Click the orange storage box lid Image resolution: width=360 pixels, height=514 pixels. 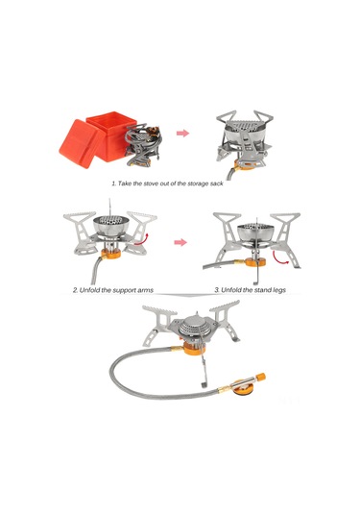pos(78,143)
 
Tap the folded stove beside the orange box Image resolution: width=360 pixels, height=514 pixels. pos(142,143)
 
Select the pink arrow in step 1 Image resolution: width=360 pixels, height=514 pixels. pos(182,134)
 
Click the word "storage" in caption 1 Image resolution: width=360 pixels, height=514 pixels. pos(192,184)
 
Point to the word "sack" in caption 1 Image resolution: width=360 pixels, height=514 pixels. pos(215,184)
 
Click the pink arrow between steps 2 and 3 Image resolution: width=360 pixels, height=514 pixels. pos(180,242)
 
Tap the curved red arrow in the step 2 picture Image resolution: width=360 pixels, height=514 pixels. pos(141,239)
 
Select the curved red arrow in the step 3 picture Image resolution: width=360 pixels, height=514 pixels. pos(281,257)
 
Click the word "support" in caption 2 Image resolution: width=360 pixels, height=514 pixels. pos(118,290)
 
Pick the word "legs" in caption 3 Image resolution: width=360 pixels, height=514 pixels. pos(277,290)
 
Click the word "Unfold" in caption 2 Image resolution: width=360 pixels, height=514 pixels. pos(88,290)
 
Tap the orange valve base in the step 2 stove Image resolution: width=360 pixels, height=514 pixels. pos(110,253)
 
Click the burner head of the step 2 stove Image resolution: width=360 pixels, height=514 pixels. pos(110,225)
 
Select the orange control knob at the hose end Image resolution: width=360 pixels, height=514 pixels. pos(260,377)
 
